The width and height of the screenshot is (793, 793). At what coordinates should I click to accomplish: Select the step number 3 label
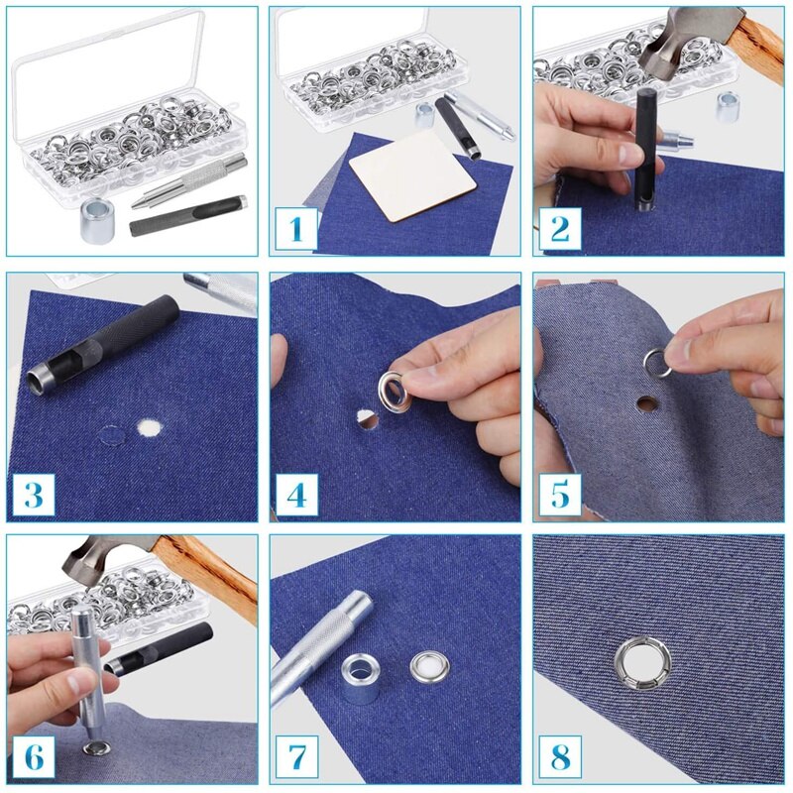[x=33, y=493]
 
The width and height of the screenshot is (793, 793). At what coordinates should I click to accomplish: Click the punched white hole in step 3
[x=151, y=428]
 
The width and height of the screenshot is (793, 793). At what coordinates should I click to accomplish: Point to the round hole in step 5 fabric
[x=647, y=403]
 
